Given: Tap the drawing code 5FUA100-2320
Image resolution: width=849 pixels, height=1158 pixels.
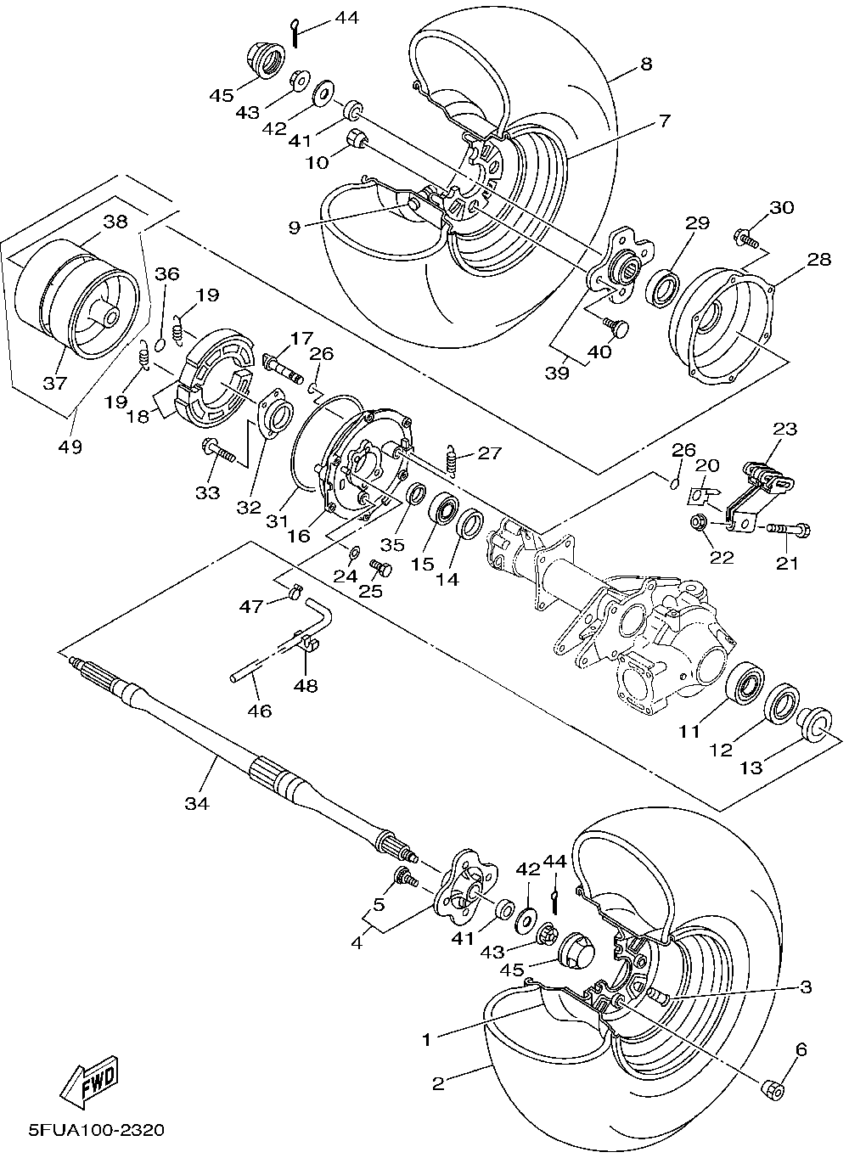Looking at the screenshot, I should pos(96,1130).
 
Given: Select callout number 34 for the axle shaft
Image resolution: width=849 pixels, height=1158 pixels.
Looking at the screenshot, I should pos(199,802).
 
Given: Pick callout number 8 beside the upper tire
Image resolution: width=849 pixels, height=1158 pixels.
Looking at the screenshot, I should pos(646,63).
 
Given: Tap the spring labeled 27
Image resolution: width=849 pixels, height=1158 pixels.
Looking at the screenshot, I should pos(453,460).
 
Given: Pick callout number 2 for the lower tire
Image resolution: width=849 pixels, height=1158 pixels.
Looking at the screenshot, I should pos(438,1083).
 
